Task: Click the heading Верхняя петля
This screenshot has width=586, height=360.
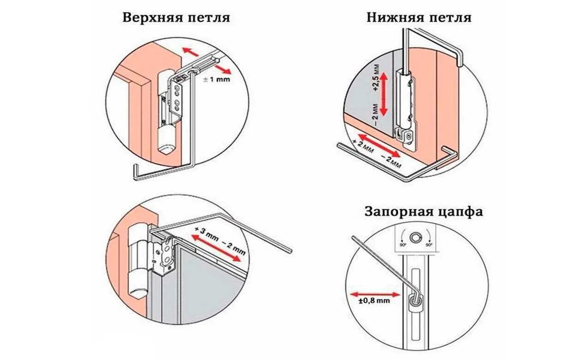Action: coord(176,18)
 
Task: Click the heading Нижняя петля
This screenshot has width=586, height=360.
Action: coord(419,18)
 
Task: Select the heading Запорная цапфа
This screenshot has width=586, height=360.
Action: coord(424,212)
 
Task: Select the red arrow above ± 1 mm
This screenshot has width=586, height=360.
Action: coord(205,59)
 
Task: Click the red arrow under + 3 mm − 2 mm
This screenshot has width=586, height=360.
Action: coord(216,248)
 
